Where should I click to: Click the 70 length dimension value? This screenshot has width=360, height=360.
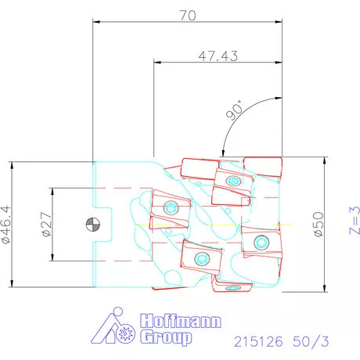(x=188, y=16)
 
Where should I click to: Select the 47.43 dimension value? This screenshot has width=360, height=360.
(x=218, y=56)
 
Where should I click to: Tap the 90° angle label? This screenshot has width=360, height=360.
(x=234, y=110)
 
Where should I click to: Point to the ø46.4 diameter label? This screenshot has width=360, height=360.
(x=6, y=225)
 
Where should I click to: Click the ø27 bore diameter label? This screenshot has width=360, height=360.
(x=46, y=224)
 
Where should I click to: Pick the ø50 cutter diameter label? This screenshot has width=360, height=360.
(x=319, y=224)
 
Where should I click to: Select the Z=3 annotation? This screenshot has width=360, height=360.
(x=355, y=220)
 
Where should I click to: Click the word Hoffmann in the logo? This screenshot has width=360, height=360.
(x=181, y=321)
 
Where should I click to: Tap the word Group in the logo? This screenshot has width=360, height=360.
(x=166, y=337)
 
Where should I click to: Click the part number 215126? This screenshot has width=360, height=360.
(x=258, y=341)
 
